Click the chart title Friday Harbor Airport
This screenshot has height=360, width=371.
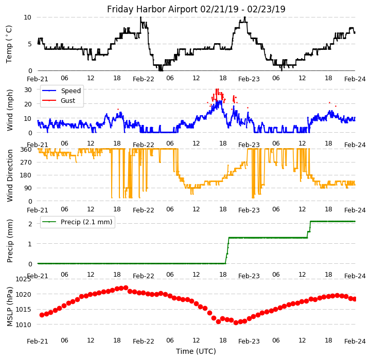click(x=196, y=9)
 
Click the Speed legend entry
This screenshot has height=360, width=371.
click(x=70, y=91)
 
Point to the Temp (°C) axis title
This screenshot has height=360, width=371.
click(x=9, y=44)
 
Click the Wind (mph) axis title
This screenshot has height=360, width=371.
click(x=10, y=110)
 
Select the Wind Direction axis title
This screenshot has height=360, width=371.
click(x=10, y=175)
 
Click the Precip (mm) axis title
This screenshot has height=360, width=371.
click(x=10, y=241)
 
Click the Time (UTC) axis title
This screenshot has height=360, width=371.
click(x=196, y=351)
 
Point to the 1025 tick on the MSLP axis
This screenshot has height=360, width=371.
click(x=23, y=279)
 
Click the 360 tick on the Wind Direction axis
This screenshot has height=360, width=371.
click(x=25, y=149)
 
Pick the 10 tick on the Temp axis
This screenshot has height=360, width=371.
click(x=27, y=17)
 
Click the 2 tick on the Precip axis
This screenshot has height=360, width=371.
click(x=30, y=224)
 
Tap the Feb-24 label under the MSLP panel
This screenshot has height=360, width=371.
click(x=355, y=340)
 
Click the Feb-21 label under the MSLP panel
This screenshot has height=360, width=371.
click(x=38, y=340)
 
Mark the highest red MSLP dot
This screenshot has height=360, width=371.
click(x=126, y=288)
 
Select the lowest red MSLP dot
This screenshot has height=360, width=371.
click(x=236, y=322)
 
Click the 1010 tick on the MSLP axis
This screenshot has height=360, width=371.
click(x=23, y=325)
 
